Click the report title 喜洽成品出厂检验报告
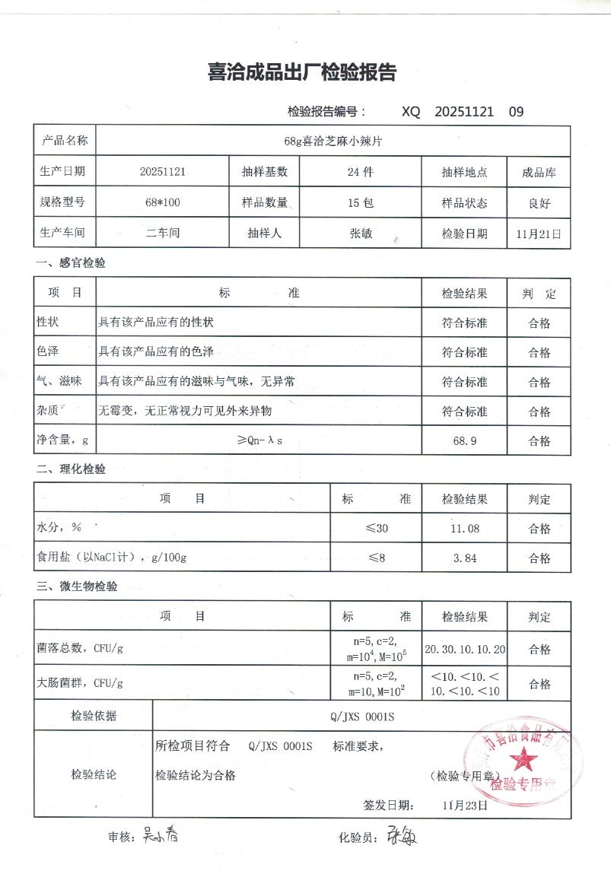(x=302, y=73)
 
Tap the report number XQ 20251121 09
(x=463, y=112)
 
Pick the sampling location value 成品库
(x=539, y=173)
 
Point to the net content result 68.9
(x=464, y=441)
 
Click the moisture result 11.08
(x=464, y=529)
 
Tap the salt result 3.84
(x=464, y=558)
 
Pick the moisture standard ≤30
(x=377, y=529)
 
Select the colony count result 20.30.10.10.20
(x=464, y=650)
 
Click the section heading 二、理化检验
(x=71, y=469)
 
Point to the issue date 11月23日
(x=463, y=805)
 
